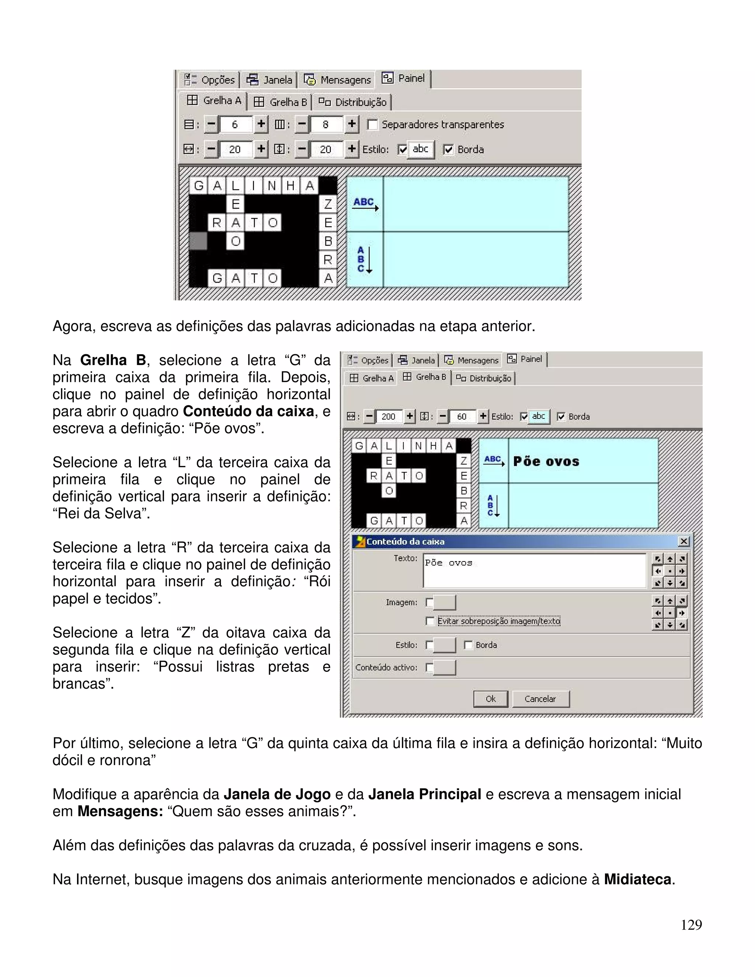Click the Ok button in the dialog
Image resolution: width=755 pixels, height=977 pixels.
(490, 699)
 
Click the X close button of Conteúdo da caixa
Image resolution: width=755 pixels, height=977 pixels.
(683, 541)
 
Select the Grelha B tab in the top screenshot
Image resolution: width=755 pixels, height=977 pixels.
(281, 102)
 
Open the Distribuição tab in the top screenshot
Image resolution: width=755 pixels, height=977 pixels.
(352, 102)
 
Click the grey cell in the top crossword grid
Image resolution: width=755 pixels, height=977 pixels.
(198, 241)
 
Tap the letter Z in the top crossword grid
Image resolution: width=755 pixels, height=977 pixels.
(328, 204)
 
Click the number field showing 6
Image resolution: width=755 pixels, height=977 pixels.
(235, 124)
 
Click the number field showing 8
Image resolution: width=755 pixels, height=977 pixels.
(326, 124)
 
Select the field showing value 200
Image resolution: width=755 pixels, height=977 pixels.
(388, 417)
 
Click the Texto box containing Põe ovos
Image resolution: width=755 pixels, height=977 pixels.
(534, 570)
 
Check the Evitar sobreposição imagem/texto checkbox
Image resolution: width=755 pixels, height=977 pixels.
(430, 621)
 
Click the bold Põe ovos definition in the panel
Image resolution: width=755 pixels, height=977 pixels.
(546, 461)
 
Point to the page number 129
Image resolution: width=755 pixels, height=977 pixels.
(691, 925)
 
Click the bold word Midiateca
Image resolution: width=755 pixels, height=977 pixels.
(637, 879)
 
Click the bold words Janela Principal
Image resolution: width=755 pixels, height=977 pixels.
(424, 794)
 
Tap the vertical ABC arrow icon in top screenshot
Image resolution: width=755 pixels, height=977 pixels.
(365, 260)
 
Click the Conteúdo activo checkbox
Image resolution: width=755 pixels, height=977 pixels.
(429, 667)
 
